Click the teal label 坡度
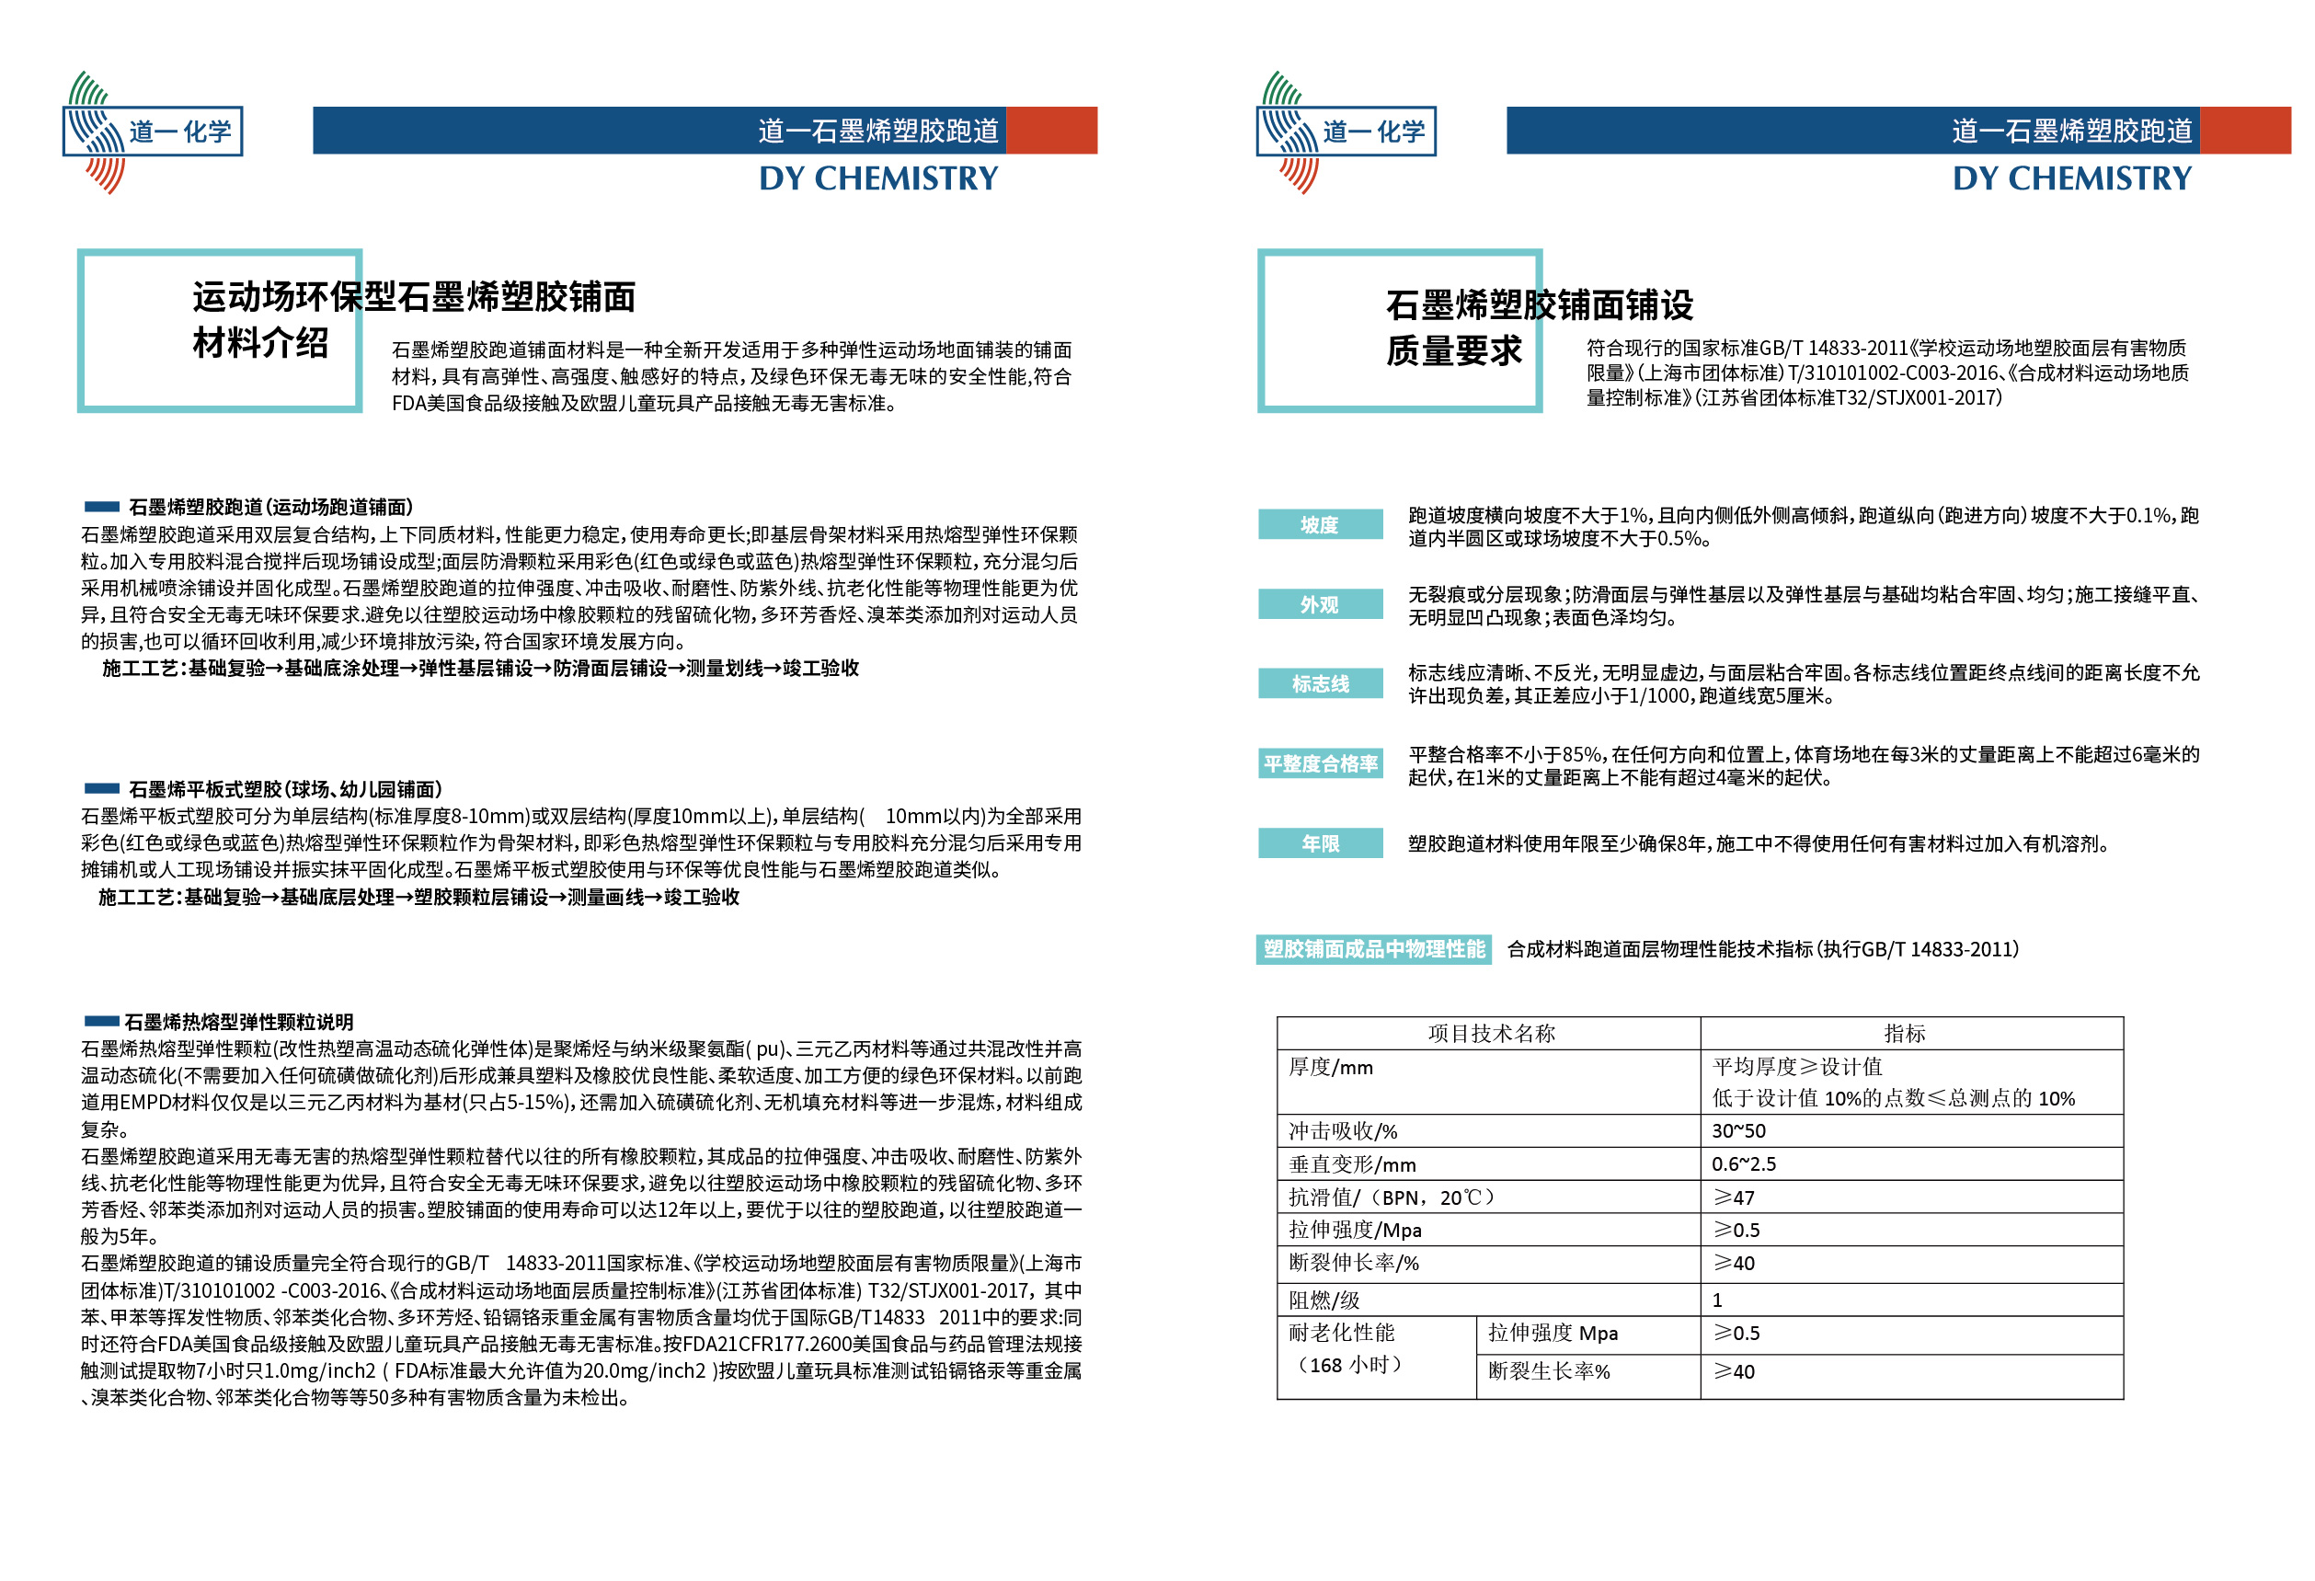[1319, 524]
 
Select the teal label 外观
[1319, 603]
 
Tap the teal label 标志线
[1319, 683]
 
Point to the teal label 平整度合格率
[1320, 763]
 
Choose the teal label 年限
[1319, 842]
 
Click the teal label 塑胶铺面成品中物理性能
[1374, 948]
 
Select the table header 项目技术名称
[1490, 1033]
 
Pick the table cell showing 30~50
[1738, 1130]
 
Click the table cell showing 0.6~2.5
[1743, 1163]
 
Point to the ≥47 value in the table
[1734, 1197]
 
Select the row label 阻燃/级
[1324, 1299]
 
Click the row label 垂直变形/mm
[1352, 1163]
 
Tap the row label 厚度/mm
[1331, 1067]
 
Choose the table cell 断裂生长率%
[1548, 1370]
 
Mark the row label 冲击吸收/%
[1343, 1130]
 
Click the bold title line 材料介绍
[260, 343]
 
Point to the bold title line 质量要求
[1453, 350]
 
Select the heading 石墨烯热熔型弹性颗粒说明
[238, 1021]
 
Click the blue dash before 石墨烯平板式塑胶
[101, 788]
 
